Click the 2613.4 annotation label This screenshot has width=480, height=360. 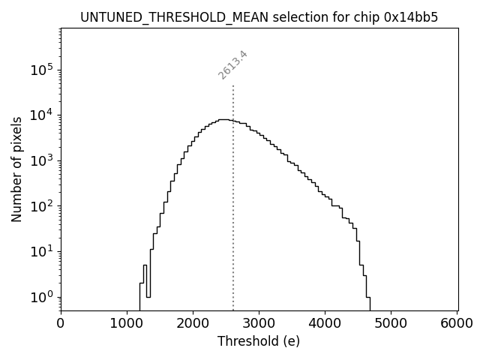233,64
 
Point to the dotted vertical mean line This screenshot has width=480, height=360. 233,195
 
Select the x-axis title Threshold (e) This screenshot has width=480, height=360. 259,341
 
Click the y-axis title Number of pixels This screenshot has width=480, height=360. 16,169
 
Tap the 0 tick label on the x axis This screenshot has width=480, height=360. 61,323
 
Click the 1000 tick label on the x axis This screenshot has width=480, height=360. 127,323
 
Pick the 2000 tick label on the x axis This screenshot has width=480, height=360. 193,323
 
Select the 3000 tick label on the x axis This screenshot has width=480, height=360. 259,323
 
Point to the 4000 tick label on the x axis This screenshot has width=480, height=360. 325,323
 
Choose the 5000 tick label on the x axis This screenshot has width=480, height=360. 391,323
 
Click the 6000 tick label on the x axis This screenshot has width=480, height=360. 457,323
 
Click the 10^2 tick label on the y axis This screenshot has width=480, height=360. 43,205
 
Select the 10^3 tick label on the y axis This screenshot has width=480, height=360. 43,160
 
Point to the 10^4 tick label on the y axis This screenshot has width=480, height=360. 43,115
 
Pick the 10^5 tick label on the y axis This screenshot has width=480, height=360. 43,69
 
